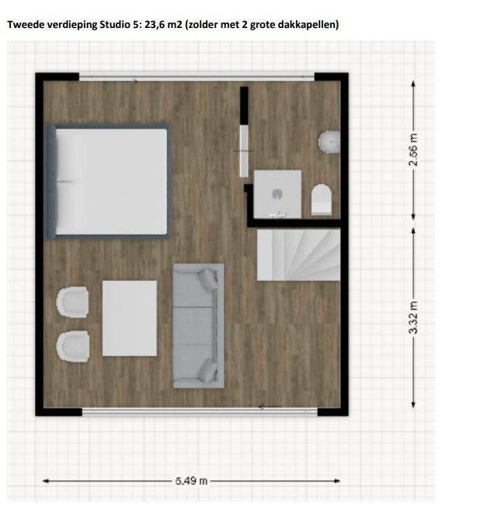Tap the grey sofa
point(198,325)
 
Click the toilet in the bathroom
point(322,199)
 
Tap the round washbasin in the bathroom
point(329,142)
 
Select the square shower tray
point(277,193)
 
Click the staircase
point(298,254)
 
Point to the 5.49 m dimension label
point(192,481)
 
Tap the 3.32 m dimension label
point(414,317)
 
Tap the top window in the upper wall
point(197,75)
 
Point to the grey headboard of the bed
point(52,181)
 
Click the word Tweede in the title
point(25,25)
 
